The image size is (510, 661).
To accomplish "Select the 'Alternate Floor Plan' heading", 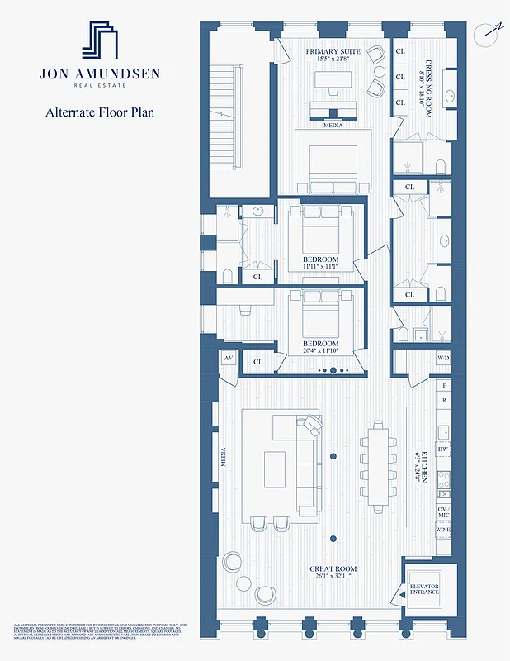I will tap(99, 112).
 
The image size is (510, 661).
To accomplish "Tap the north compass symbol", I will tap(489, 34).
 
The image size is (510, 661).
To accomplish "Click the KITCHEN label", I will tap(423, 467).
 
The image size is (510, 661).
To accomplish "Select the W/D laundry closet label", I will tap(443, 359).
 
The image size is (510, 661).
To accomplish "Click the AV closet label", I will tap(228, 359).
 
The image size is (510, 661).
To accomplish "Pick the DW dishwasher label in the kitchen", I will tap(443, 450).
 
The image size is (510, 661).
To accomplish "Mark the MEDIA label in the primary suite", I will tap(333, 126).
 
